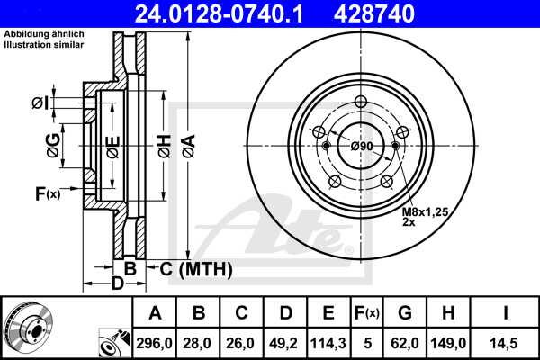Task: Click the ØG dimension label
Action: tap(53, 144)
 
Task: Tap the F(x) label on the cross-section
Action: tap(46, 193)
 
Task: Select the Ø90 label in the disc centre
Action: tap(362, 146)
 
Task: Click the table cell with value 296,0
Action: tap(155, 342)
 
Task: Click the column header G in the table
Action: tap(406, 312)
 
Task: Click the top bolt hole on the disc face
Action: tap(361, 102)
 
